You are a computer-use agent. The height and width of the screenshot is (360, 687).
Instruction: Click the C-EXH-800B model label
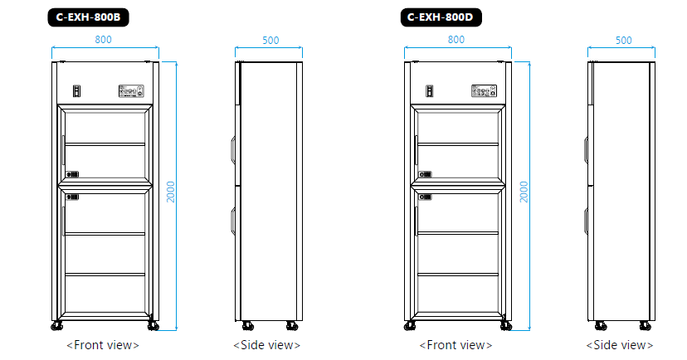click(x=88, y=16)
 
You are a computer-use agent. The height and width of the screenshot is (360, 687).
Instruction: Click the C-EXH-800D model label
click(x=441, y=16)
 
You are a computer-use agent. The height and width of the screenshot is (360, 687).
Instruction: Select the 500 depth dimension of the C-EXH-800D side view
click(x=623, y=40)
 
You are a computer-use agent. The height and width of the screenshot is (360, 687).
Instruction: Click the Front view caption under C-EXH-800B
click(x=102, y=344)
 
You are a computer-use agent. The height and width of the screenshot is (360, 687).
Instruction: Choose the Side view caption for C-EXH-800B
click(x=266, y=344)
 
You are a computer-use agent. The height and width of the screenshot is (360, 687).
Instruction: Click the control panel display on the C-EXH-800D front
click(x=484, y=90)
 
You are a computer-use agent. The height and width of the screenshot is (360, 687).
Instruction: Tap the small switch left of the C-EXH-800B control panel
click(x=76, y=90)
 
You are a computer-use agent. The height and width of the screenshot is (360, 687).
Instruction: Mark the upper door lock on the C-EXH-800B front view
click(x=73, y=175)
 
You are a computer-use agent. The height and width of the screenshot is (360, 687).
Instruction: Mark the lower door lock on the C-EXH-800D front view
click(x=426, y=197)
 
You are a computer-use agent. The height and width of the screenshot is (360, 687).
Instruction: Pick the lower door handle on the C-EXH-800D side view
click(x=586, y=221)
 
